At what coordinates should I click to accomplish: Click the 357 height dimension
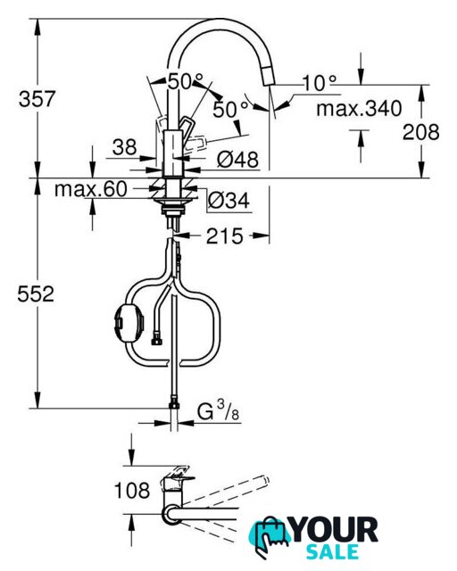pos(37,99)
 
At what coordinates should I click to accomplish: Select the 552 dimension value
pos(36,294)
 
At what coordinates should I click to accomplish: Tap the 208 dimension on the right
pos(421,132)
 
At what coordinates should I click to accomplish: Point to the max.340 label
pos(359,109)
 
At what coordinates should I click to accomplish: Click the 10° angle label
pos(320,83)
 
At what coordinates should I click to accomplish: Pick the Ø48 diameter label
pos(238,159)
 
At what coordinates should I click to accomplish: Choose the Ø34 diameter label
pos(228,200)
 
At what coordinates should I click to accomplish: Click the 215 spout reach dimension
pos(225,236)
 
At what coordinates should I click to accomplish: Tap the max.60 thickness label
pos(91,189)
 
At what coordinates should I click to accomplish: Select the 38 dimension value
pos(125,147)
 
